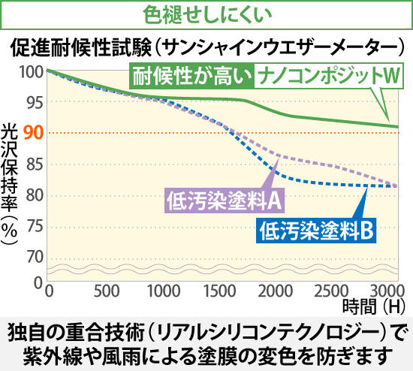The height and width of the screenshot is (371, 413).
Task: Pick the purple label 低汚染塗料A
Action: (223, 201)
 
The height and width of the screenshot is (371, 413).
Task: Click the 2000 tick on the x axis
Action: (274, 291)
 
